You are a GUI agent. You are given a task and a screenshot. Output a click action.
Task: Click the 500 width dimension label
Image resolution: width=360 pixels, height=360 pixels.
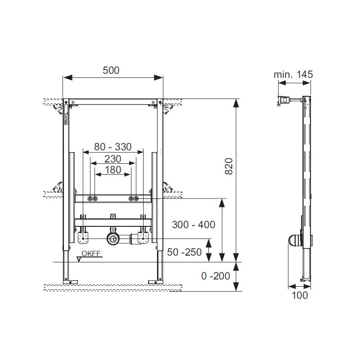111,70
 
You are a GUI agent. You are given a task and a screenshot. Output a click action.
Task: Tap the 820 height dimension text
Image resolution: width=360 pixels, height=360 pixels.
229,166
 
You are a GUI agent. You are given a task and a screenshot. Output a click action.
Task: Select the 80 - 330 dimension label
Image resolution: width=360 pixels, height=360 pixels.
113,147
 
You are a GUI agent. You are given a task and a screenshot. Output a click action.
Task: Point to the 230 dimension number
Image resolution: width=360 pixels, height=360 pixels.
113,159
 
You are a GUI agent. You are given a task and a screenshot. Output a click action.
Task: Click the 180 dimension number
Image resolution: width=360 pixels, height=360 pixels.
113,170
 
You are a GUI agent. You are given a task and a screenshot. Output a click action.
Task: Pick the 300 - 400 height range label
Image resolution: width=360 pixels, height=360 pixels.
193,225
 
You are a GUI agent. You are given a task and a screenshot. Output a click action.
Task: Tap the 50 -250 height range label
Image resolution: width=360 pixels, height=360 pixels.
184,252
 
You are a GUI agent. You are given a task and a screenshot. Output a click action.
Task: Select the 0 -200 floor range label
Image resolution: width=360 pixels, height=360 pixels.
216,276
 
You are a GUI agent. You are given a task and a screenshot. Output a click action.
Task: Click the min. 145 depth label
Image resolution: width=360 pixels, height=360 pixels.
293,74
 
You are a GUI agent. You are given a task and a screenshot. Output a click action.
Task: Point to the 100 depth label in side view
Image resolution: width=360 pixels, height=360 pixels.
300,296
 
